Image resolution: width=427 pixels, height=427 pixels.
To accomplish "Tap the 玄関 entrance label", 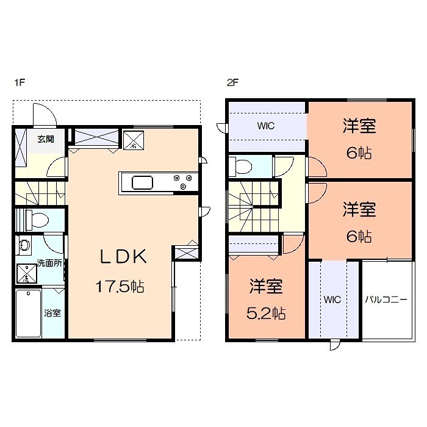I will click(x=46, y=138).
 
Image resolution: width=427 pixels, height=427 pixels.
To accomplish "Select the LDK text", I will click(x=124, y=257).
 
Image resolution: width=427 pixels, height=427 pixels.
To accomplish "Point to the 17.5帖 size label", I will click(x=120, y=285).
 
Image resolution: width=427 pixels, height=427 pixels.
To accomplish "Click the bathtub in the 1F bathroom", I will click(x=28, y=313).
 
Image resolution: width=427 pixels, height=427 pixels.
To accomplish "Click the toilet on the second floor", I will click(x=243, y=166).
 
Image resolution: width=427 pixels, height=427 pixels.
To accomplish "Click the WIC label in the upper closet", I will click(x=265, y=126).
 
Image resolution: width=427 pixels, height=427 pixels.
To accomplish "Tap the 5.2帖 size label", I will click(x=267, y=314).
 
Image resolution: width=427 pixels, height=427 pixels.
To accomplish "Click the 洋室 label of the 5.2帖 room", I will click(x=267, y=286).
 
